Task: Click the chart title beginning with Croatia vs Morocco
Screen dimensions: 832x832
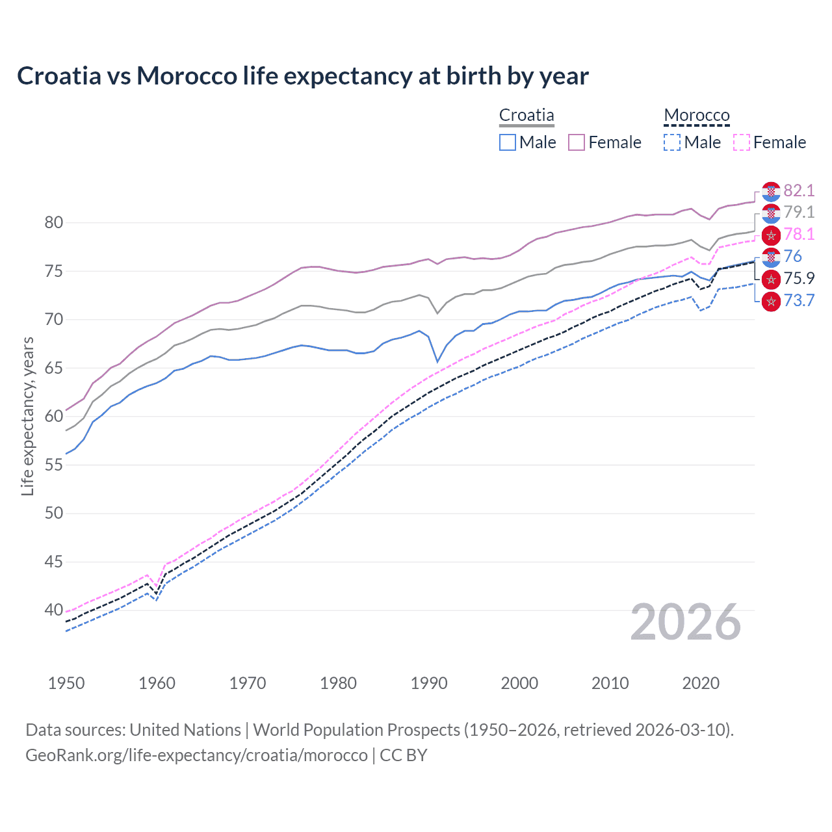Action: (303, 76)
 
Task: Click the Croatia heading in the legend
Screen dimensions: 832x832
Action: (526, 115)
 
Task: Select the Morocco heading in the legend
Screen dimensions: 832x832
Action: (697, 115)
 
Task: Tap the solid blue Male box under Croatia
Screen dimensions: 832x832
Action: (508, 142)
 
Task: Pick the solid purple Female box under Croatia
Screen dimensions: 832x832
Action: (577, 142)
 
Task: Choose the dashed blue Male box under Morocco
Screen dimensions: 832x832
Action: (672, 142)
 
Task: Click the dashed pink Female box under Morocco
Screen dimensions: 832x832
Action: (742, 142)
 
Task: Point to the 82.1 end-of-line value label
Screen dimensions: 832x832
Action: (799, 190)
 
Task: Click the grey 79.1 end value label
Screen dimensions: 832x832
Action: (799, 213)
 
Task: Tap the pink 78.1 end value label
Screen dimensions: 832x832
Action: (799, 235)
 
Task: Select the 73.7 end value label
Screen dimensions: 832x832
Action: (799, 301)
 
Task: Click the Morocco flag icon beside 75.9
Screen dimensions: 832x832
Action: (771, 279)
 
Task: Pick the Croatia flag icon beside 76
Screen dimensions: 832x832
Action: (771, 257)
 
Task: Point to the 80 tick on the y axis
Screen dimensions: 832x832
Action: (54, 223)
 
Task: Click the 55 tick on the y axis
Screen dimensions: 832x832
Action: (54, 465)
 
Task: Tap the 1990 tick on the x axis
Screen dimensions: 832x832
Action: (429, 683)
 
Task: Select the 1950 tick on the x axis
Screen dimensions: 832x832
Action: (66, 683)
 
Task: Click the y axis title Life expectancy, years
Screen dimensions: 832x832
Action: (27, 416)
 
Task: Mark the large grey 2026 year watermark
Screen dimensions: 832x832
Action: (686, 623)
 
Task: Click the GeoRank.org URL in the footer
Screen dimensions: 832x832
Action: (196, 755)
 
